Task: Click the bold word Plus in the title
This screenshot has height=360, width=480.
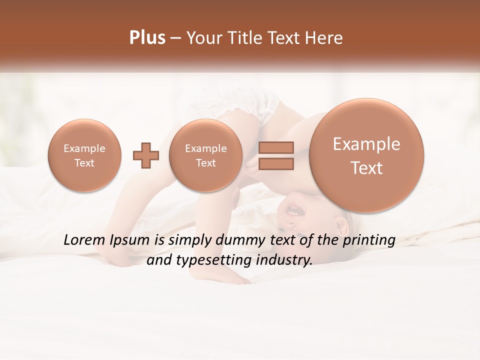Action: [147, 38]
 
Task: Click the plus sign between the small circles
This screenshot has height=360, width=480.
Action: [146, 155]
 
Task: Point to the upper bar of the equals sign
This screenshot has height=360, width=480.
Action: [276, 147]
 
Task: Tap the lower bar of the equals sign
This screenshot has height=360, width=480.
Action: [276, 163]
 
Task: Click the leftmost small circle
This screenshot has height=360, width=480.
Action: [84, 155]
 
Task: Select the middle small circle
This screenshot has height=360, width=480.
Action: [205, 155]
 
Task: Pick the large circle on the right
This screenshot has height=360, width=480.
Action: [366, 155]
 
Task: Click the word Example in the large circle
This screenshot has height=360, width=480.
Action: [366, 144]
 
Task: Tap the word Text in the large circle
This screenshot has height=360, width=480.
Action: [366, 168]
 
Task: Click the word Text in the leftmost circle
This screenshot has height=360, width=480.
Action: [84, 163]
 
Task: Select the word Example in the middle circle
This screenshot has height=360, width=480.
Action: [205, 148]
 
